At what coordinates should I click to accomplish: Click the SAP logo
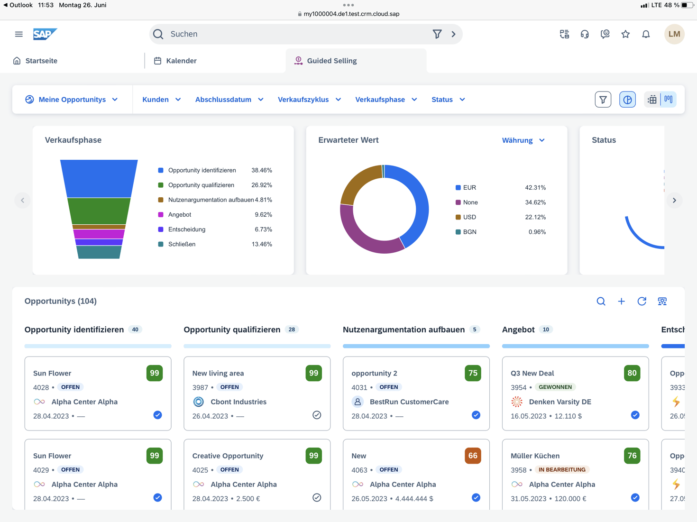(45, 34)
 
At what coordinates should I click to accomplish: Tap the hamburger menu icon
(19, 34)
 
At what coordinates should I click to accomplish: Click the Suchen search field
(294, 34)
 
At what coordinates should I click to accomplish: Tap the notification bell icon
(646, 34)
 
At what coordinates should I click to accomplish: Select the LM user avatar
(674, 34)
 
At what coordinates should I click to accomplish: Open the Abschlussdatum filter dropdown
(229, 100)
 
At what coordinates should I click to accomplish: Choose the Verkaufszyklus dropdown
(309, 100)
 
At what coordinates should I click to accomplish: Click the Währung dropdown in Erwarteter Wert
(523, 140)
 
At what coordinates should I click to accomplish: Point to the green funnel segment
(99, 211)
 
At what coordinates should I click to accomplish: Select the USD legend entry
(469, 217)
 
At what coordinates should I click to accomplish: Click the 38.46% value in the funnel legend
(262, 170)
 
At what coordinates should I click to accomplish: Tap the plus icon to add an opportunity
(621, 302)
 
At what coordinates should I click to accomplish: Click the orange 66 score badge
(473, 456)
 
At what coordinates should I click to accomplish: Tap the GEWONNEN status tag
(555, 387)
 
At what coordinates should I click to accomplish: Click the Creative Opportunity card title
(228, 456)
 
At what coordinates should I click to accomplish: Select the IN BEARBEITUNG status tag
(562, 470)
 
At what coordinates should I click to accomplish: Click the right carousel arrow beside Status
(674, 201)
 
